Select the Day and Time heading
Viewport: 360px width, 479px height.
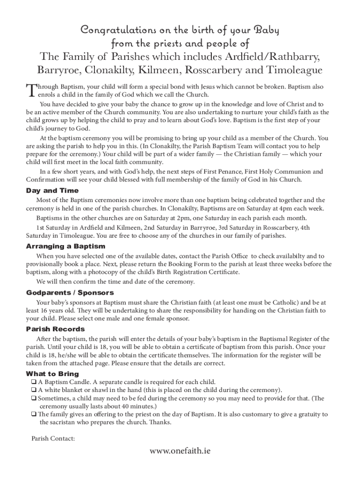tap(52, 191)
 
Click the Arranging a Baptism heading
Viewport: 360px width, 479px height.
tap(65, 246)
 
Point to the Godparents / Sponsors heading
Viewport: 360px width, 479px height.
tap(70, 293)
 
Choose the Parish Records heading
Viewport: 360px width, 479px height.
tap(55, 329)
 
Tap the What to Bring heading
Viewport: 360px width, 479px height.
tap(52, 374)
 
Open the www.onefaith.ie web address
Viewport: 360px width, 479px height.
tap(180, 450)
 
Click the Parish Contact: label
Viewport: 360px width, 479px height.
tap(50, 438)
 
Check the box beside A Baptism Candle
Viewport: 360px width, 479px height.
tap(34, 382)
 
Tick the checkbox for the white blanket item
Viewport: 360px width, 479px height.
tap(34, 390)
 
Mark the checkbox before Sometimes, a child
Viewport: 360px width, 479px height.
tap(34, 399)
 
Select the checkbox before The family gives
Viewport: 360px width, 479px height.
tap(34, 414)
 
